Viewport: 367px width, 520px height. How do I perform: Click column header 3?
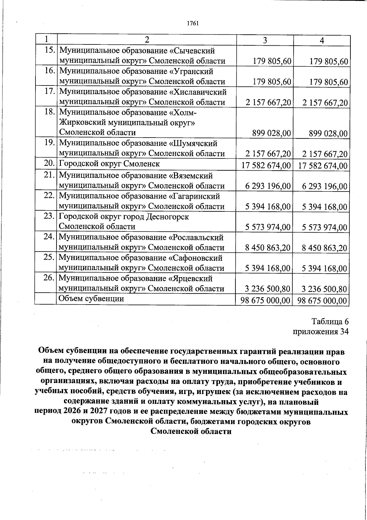tap(265, 40)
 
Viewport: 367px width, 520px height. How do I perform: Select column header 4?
tap(322, 40)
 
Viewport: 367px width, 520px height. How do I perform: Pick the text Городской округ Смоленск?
tap(109, 164)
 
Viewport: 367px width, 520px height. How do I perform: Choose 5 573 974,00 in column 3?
tap(268, 227)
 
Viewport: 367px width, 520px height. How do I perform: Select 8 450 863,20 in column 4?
tap(324, 248)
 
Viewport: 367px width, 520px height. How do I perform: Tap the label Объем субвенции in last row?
tap(91, 298)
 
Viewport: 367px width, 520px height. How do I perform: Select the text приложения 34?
tap(321, 332)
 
